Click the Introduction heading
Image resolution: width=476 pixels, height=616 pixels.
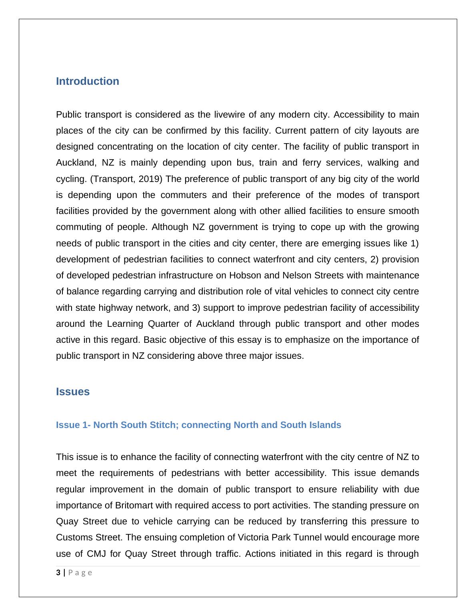pyautogui.click(x=88, y=81)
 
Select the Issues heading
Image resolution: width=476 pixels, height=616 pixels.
pyautogui.click(x=73, y=392)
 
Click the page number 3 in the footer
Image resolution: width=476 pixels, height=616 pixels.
pyautogui.click(x=58, y=572)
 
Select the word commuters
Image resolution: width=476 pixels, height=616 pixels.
pyautogui.click(x=183, y=195)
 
